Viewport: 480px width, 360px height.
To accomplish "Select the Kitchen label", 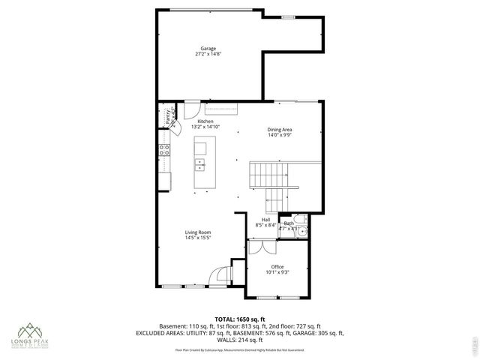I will pos(205,121).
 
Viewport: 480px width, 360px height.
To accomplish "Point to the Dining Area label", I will pos(280,130).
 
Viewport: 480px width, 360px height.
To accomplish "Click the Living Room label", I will pos(198,232).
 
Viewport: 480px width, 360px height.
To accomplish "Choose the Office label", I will pos(278,266).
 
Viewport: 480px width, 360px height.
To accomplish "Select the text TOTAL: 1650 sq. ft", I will pos(239,319).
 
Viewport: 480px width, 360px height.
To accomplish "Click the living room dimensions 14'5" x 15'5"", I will pos(198,238).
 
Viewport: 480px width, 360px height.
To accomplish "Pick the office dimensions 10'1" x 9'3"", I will pos(278,272).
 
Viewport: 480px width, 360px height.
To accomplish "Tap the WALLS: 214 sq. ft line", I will pos(239,340).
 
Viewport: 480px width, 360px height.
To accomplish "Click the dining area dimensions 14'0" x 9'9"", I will pos(280,136).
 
